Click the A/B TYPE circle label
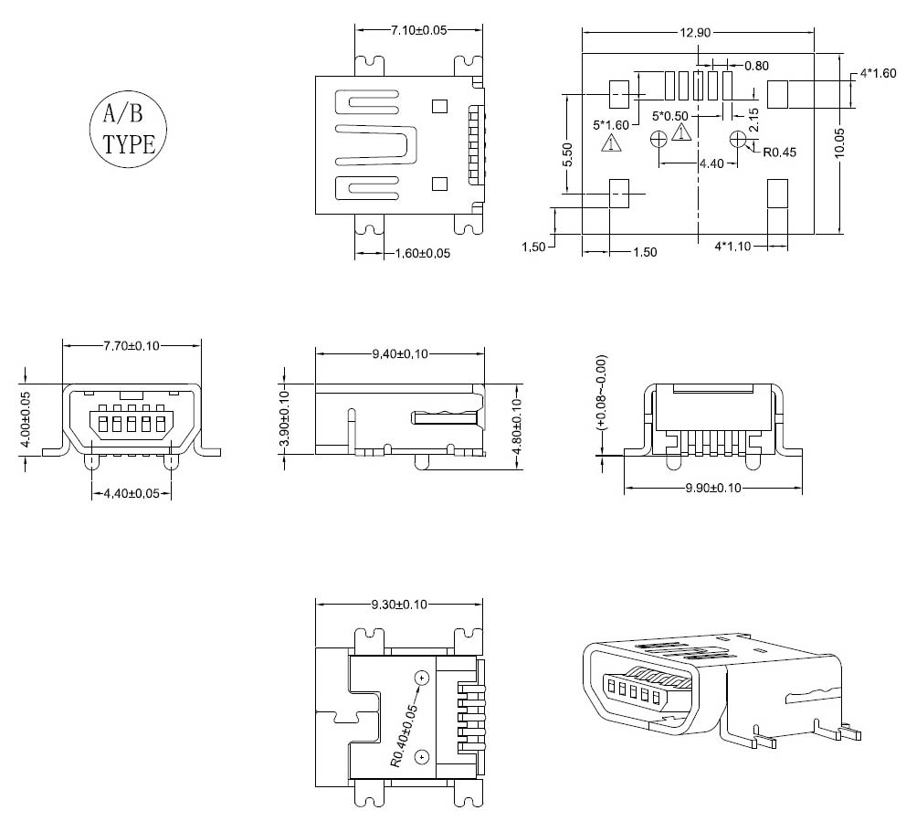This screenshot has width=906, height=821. [128, 128]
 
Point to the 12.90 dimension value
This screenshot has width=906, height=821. [694, 33]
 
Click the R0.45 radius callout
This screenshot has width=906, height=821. [779, 153]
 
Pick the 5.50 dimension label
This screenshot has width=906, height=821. [567, 154]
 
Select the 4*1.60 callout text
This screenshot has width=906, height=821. [878, 73]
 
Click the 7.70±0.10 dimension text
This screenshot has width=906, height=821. [132, 345]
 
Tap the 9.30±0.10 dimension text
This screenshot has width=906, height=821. [400, 604]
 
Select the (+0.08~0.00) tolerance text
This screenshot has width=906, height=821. [600, 391]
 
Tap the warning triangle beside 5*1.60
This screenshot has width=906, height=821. [610, 143]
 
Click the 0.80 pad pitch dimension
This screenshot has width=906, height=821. [756, 65]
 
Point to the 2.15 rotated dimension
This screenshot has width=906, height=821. [754, 119]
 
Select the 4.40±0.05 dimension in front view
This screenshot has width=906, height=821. [132, 493]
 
